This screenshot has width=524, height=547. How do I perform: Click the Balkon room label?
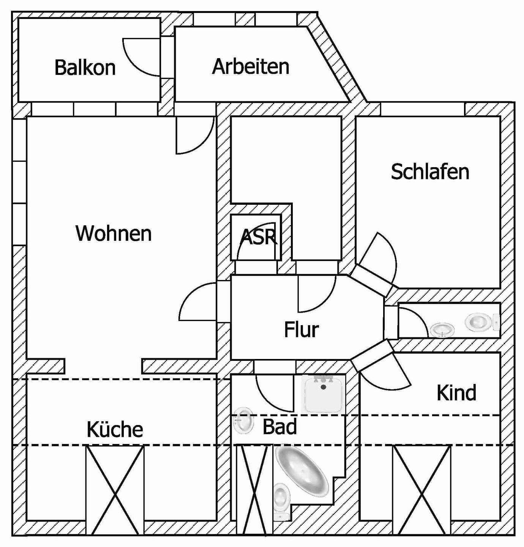pos(85,68)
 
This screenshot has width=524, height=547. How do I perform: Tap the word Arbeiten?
pos(251,66)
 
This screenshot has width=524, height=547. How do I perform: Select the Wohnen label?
pos(114,233)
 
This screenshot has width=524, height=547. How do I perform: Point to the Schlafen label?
pos(430,172)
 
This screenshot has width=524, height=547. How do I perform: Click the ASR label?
pos(259,237)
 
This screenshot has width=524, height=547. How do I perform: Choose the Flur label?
pos(301,329)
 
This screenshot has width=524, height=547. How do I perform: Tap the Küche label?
pos(115,429)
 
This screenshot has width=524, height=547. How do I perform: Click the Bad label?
pos(279,427)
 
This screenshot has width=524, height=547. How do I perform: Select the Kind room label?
pos(456,393)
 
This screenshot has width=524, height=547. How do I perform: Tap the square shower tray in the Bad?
pos(324,394)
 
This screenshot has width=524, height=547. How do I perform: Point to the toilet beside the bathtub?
pos(281,501)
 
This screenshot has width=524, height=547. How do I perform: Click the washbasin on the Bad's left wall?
pos(243,421)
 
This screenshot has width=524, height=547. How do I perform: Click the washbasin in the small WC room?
pos(442,329)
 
